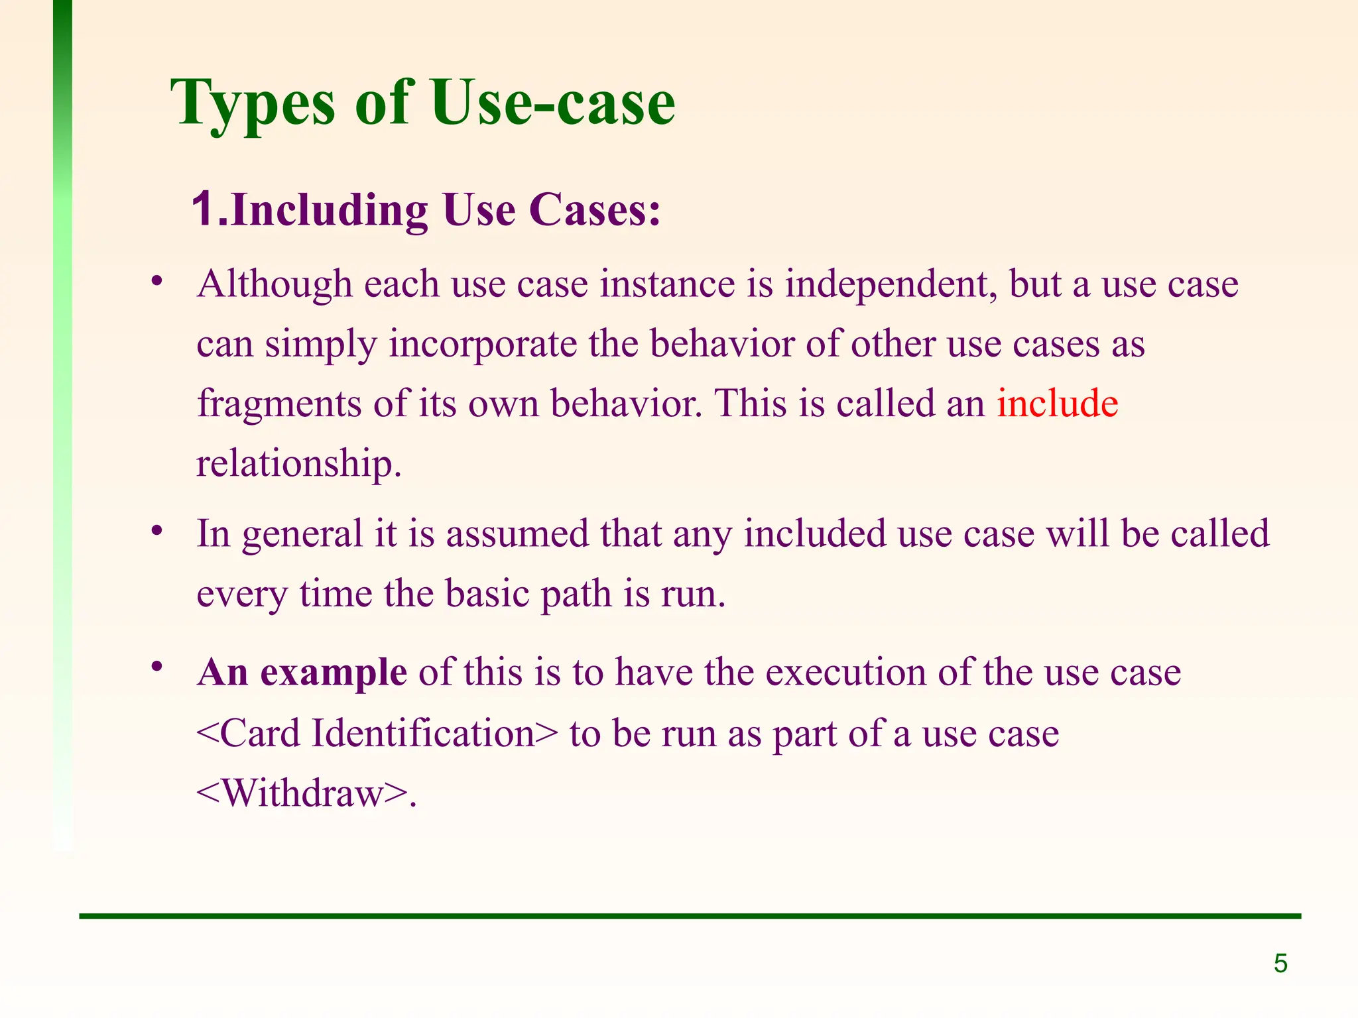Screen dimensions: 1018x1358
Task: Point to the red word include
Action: (1058, 403)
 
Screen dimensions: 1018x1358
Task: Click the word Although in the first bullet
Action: (275, 284)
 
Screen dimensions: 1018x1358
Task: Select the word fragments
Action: (279, 404)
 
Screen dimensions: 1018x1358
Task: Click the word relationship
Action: (298, 463)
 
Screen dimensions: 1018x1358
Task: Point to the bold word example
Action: (334, 673)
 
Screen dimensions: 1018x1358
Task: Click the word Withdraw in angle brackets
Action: (303, 793)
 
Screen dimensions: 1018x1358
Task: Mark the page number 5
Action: (1280, 964)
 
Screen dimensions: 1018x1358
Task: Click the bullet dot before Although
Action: (156, 282)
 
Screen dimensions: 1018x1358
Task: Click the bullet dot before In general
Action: (156, 530)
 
